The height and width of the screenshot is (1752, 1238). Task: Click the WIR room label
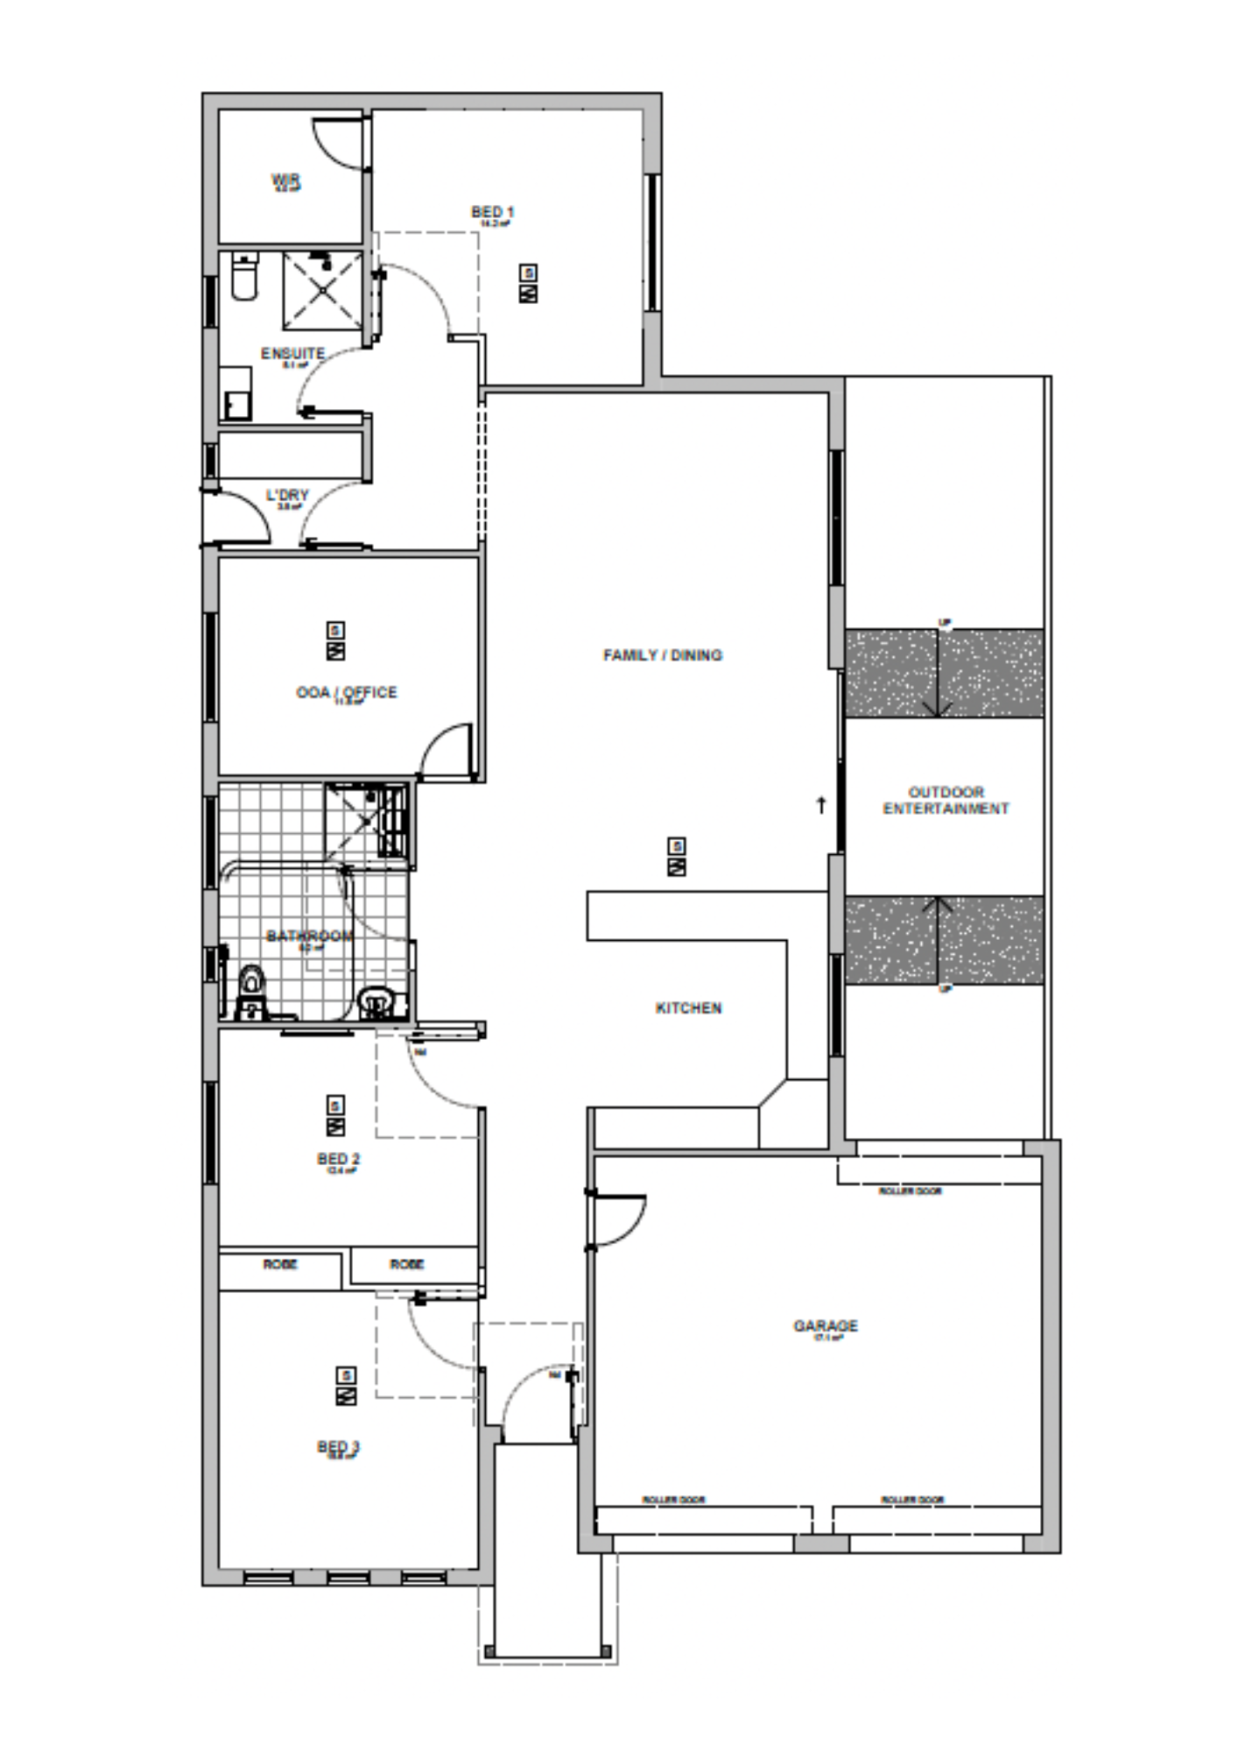[x=286, y=180]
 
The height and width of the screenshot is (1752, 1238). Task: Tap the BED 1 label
[x=493, y=212]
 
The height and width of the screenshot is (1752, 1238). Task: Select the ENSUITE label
[x=292, y=354]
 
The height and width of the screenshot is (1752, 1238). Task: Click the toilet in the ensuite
[x=244, y=279]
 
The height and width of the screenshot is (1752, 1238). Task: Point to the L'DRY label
[x=288, y=496]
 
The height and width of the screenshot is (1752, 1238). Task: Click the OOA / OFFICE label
[x=347, y=692]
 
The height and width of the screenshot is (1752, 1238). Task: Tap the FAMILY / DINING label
[x=663, y=655]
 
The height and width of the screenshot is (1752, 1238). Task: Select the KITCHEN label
[x=689, y=1008]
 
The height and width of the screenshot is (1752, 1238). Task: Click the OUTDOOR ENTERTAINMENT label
[x=946, y=801]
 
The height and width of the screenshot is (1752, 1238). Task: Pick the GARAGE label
[x=826, y=1326]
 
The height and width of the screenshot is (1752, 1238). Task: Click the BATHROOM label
[x=310, y=936]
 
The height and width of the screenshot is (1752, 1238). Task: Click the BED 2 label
[x=338, y=1160]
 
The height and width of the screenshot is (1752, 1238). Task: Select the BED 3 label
[x=338, y=1447]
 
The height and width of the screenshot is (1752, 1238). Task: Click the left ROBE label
[x=280, y=1265]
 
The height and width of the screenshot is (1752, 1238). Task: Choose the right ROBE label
[x=407, y=1265]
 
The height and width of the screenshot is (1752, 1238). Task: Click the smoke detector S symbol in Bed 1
[x=529, y=273]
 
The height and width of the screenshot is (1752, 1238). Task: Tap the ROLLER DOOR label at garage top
[x=911, y=1191]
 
